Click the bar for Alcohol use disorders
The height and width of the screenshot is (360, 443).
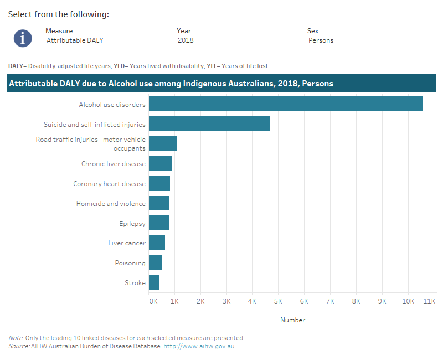pyautogui.click(x=285, y=104)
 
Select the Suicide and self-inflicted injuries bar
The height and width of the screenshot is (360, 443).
pyautogui.click(x=209, y=124)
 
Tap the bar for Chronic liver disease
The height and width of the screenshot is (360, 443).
pyautogui.click(x=160, y=163)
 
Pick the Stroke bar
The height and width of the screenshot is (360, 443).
pyautogui.click(x=154, y=283)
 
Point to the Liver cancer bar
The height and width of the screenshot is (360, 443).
pyautogui.click(x=157, y=243)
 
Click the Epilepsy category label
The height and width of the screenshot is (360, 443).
pyautogui.click(x=132, y=223)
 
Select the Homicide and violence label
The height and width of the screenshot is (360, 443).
pyautogui.click(x=111, y=203)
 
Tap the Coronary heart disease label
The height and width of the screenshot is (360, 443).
pyautogui.click(x=109, y=183)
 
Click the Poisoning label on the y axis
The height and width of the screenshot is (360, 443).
pyautogui.click(x=130, y=263)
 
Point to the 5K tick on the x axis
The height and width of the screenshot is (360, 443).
pyautogui.click(x=278, y=301)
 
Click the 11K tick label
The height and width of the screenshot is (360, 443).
pyautogui.click(x=429, y=301)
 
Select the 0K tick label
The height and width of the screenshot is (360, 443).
pyautogui.click(x=153, y=301)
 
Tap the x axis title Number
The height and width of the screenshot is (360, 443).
pyautogui.click(x=292, y=320)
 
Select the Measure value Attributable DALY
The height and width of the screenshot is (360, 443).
pyautogui.click(x=75, y=40)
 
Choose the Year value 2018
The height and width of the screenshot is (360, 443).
pyautogui.click(x=186, y=40)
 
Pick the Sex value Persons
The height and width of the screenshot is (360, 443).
pyautogui.click(x=321, y=40)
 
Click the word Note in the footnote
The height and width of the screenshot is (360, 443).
pyautogui.click(x=16, y=338)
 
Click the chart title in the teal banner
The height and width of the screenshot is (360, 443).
pyautogui.click(x=171, y=84)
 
